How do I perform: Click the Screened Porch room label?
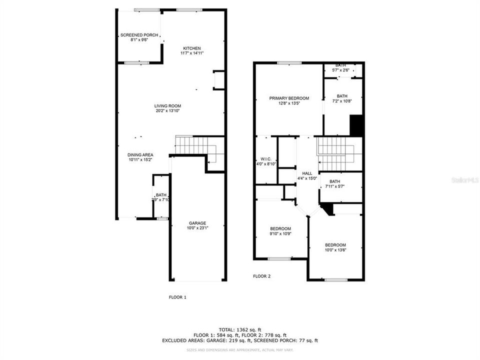pyautogui.click(x=139, y=35)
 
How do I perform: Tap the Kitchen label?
pyautogui.click(x=191, y=48)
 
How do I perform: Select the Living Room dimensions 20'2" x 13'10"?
pyautogui.click(x=167, y=111)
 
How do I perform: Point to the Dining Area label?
pyautogui.click(x=140, y=155)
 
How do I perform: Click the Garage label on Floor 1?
pyautogui.click(x=197, y=223)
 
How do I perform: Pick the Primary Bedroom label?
pyautogui.click(x=289, y=98)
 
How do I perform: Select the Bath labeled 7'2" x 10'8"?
pyautogui.click(x=342, y=96)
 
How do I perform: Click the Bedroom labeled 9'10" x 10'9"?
pyautogui.click(x=280, y=228)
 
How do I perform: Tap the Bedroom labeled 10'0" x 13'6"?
pyautogui.click(x=335, y=245)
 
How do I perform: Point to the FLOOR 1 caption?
pyautogui.click(x=177, y=297)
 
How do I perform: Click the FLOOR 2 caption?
pyautogui.click(x=261, y=276)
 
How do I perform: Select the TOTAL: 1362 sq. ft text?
pyautogui.click(x=239, y=329)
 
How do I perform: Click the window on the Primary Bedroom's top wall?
pyautogui.click(x=289, y=63)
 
